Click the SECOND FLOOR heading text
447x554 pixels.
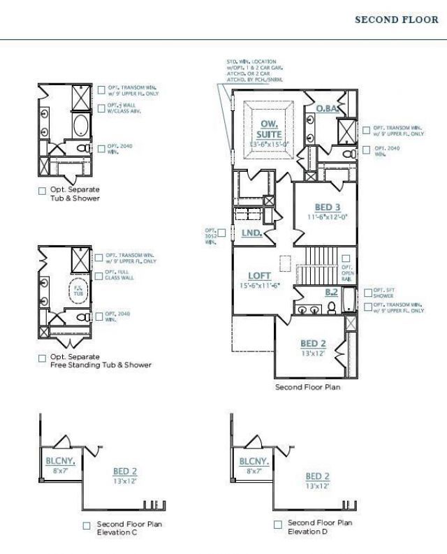pos(397,20)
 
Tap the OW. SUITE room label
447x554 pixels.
pos(265,129)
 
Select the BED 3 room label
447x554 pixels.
pos(327,207)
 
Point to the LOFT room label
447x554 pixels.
pos(259,276)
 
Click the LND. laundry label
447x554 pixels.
pos(251,233)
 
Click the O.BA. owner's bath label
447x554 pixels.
pos(327,109)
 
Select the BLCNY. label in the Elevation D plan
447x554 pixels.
pos(251,462)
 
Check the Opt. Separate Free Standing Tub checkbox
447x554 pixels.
pos(42,358)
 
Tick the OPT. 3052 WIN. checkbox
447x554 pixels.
pos(221,232)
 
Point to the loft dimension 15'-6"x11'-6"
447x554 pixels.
pos(259,286)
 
